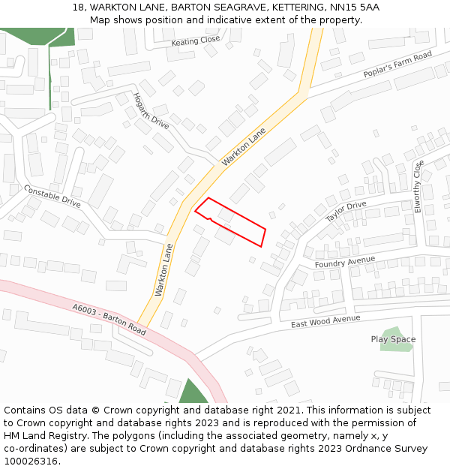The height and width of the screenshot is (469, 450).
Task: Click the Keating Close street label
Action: pyautogui.click(x=196, y=41)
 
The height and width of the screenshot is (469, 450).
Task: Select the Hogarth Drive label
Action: pyautogui.click(x=151, y=110)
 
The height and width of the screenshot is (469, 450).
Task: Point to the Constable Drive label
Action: pyautogui.click(x=52, y=197)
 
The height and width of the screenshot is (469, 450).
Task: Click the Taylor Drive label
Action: pyautogui.click(x=346, y=212)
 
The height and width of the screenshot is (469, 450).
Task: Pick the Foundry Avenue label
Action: pyautogui.click(x=345, y=263)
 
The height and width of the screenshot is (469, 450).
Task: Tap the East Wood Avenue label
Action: pyautogui.click(x=326, y=320)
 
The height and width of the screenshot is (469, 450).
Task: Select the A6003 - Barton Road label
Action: pyautogui.click(x=109, y=319)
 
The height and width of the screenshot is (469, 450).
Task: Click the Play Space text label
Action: pyautogui.click(x=393, y=339)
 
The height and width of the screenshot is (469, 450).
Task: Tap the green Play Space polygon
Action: pyautogui.click(x=394, y=348)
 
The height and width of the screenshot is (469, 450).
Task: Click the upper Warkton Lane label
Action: pyautogui.click(x=244, y=147)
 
